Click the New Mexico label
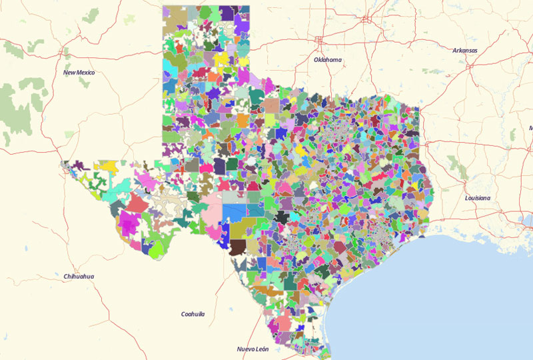coord(79,72)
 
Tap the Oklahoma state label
coord(327,60)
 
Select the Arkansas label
coord(465,51)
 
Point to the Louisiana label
coord(478,198)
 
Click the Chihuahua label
coord(79,276)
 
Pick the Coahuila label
coord(193,313)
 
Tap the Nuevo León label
coord(252,349)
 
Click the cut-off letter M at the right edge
coord(531,127)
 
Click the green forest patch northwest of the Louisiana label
coord(456,162)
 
